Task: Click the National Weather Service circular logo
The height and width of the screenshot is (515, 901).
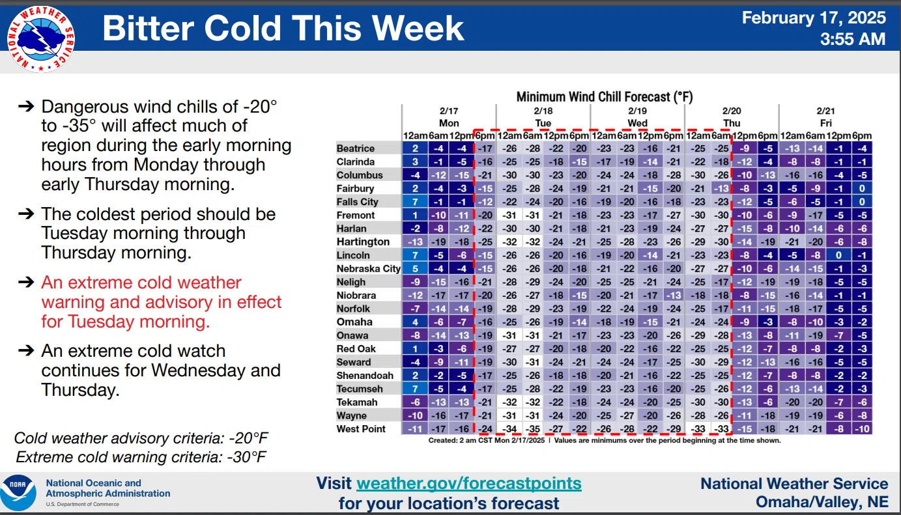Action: (x=40, y=39)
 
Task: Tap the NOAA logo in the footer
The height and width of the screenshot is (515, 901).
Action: (x=18, y=492)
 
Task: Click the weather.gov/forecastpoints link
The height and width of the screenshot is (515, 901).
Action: (x=469, y=483)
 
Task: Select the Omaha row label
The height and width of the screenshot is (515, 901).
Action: (x=354, y=322)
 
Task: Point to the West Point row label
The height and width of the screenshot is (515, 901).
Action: (x=361, y=429)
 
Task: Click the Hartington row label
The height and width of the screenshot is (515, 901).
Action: (x=363, y=242)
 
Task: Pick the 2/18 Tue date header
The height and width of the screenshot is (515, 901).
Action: (x=543, y=117)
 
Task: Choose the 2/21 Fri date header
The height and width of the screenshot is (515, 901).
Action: (x=826, y=117)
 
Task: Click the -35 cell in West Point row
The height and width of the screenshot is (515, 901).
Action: (x=533, y=429)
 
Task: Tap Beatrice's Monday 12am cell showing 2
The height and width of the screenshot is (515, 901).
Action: (x=415, y=148)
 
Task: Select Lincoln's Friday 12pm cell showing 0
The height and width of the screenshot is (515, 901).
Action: (x=838, y=255)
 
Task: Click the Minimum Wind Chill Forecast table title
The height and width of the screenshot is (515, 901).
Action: (x=605, y=97)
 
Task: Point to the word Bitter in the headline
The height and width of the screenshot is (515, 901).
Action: (x=149, y=28)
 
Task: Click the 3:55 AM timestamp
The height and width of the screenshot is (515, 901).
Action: (x=853, y=40)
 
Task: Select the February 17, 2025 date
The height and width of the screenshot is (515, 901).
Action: (x=814, y=18)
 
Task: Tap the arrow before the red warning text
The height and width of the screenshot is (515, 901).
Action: (x=26, y=282)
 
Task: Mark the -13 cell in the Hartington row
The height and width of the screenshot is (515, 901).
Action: (x=415, y=242)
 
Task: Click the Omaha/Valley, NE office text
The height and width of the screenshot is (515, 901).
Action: (x=822, y=502)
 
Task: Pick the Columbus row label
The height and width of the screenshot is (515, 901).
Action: (x=360, y=175)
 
